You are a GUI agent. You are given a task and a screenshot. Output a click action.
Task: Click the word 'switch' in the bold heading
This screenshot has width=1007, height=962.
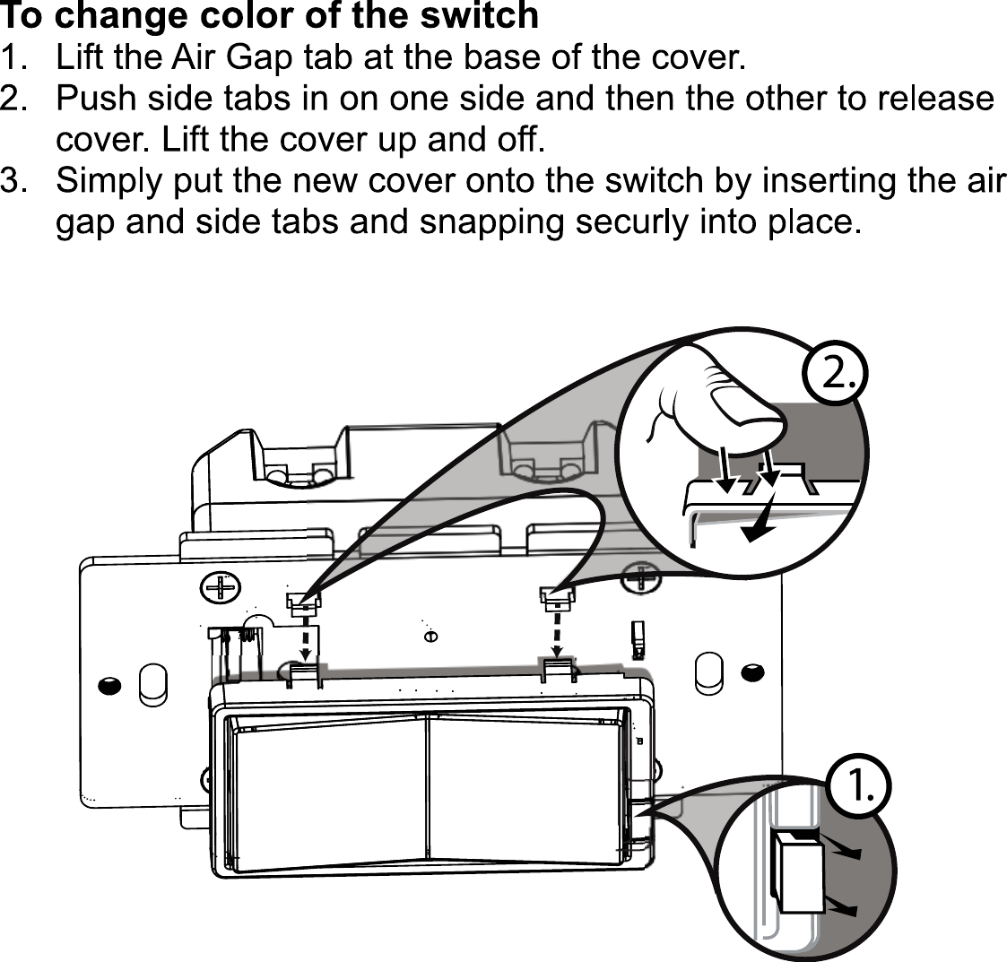click(478, 15)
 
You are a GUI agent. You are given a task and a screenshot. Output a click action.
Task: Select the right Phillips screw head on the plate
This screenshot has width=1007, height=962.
click(645, 578)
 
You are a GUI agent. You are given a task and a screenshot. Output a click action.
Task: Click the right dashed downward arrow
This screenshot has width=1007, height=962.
click(556, 631)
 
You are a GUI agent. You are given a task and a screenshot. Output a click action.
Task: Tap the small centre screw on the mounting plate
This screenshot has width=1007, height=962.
click(430, 636)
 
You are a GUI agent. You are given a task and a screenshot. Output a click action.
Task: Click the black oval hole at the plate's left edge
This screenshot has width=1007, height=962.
click(108, 686)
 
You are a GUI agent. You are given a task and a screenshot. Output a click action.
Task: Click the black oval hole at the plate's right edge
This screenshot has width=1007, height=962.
click(752, 672)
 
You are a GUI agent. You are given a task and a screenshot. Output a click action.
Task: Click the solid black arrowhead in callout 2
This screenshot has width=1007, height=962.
click(760, 531)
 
